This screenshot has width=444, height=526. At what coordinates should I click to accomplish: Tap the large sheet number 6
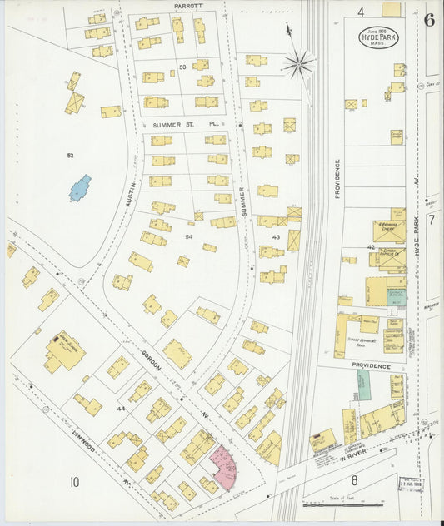tap(428, 21)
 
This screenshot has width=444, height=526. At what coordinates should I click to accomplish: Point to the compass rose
tap(297, 63)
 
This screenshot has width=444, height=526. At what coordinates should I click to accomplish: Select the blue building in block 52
tap(80, 188)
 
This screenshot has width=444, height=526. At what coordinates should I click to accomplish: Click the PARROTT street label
tap(188, 6)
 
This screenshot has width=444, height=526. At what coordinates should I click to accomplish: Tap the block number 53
tap(182, 67)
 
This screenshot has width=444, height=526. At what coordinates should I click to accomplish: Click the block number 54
tap(188, 237)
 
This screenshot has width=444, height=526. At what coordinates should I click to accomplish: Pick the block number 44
tap(121, 409)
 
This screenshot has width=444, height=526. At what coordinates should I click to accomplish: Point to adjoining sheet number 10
tap(74, 481)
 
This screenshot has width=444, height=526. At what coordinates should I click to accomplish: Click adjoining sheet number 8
tap(353, 480)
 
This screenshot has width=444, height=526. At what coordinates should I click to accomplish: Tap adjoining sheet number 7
tap(431, 220)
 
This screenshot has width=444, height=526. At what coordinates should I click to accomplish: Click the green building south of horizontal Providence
tap(363, 385)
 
